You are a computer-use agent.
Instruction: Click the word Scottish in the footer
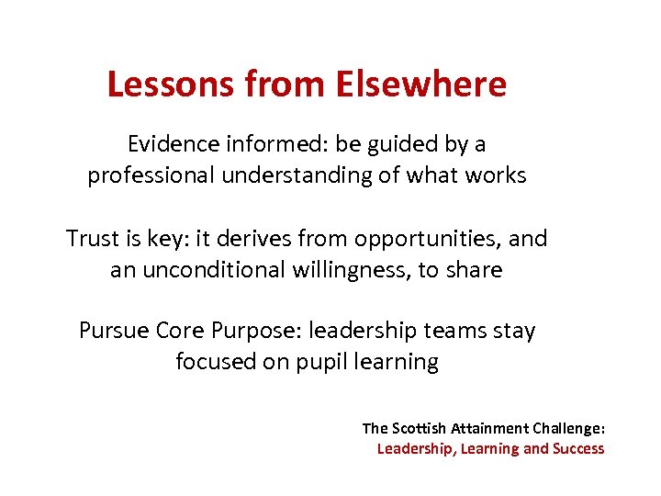(x=420, y=428)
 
